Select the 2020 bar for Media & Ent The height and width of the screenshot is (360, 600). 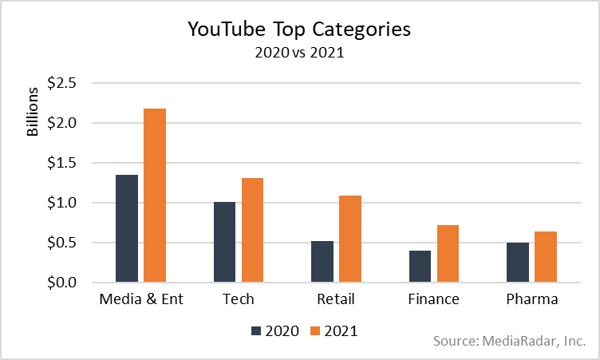127,228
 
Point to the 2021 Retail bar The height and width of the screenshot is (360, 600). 350,239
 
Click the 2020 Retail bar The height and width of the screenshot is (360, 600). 323,262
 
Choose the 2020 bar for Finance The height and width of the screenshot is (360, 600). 420,267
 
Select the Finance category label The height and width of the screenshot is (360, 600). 434,300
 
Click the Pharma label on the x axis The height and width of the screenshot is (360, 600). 532,300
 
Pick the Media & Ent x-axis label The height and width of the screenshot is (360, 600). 140,300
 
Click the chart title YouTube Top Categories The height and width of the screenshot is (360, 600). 299,30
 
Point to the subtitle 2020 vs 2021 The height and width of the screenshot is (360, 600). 299,53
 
